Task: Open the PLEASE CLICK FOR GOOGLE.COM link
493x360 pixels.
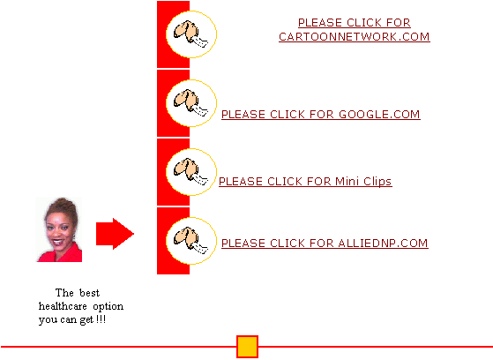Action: tap(321, 115)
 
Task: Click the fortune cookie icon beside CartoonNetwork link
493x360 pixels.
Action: tap(190, 34)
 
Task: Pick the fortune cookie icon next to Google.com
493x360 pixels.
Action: tap(190, 103)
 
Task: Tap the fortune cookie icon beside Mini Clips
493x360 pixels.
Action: tap(190, 172)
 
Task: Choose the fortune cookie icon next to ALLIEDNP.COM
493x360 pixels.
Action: tap(190, 241)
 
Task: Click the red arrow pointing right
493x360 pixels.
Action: tap(115, 234)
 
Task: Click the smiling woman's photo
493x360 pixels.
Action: tap(59, 229)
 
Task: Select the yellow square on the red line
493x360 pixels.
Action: tap(247, 347)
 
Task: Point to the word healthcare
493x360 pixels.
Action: tap(63, 306)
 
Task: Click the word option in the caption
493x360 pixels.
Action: tap(108, 306)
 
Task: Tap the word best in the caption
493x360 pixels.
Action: tap(89, 293)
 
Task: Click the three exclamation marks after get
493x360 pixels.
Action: tap(101, 319)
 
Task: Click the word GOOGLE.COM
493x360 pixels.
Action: tap(379, 115)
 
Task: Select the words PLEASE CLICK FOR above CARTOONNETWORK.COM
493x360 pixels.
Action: tap(355, 23)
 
